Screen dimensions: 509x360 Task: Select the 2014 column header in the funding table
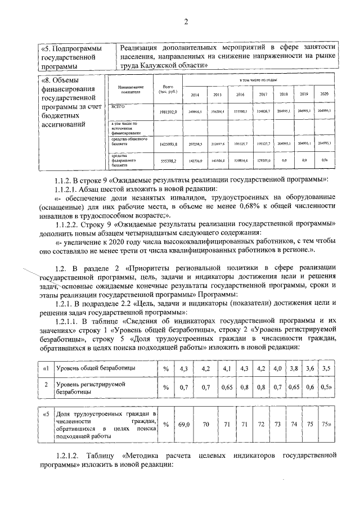tap(195, 95)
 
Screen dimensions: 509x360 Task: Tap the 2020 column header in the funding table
tap(323, 94)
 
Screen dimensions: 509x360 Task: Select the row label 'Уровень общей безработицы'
tap(95, 368)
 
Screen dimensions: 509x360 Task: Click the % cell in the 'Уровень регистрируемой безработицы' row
tap(166, 387)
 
